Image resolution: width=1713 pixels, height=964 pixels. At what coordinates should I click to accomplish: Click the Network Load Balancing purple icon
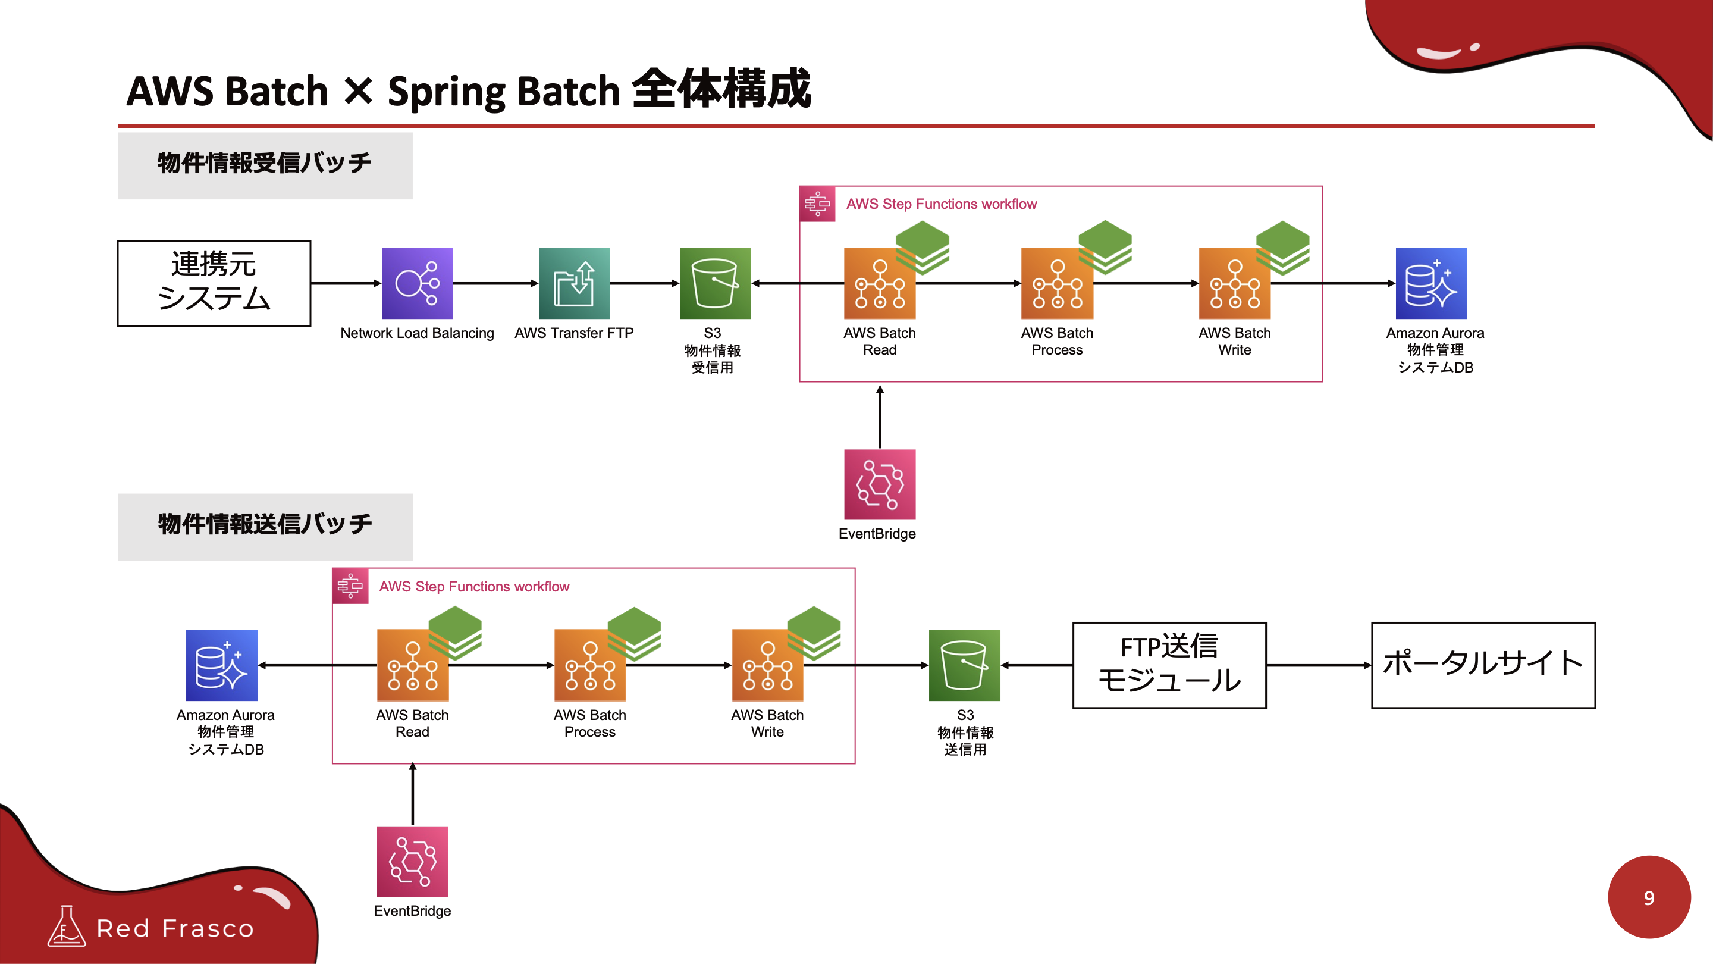(x=417, y=283)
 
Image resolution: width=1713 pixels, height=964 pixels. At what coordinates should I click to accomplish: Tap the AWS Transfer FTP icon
(x=574, y=283)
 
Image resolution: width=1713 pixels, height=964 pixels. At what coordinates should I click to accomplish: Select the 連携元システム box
(x=214, y=283)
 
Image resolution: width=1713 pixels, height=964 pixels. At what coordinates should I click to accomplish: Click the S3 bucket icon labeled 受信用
(x=715, y=283)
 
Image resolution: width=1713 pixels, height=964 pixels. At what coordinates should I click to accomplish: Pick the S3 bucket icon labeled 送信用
(x=964, y=665)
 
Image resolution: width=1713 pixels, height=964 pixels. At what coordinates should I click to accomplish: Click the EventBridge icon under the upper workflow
(x=880, y=484)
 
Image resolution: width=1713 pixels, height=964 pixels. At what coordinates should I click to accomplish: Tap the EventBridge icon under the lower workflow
(x=412, y=862)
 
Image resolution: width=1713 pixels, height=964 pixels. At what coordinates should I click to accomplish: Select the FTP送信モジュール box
(x=1169, y=665)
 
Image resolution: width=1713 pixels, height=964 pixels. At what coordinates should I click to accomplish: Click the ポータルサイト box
(x=1483, y=665)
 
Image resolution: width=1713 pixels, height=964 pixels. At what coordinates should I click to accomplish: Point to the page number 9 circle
(x=1649, y=897)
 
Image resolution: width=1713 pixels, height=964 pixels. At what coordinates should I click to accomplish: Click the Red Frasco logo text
(x=175, y=928)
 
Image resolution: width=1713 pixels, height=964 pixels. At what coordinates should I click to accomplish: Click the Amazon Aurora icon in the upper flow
(x=1431, y=283)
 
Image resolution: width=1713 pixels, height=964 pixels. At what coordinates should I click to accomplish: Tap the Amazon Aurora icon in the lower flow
(x=221, y=665)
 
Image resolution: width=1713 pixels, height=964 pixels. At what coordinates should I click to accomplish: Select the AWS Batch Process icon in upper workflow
(x=1058, y=283)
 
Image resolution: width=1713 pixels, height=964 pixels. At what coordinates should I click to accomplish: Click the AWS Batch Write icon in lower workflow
(x=767, y=665)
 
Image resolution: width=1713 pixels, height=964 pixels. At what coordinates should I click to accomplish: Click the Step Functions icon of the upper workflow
(x=817, y=204)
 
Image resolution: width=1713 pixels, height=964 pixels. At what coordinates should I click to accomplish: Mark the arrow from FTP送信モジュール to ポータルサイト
(x=1318, y=665)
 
